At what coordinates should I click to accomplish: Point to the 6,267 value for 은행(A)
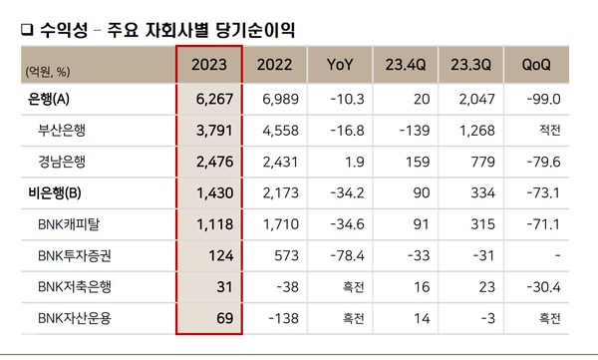click(219, 99)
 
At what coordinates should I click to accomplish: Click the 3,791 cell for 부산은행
click(219, 130)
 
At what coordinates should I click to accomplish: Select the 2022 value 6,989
click(279, 99)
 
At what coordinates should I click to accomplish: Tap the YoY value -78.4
click(348, 255)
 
